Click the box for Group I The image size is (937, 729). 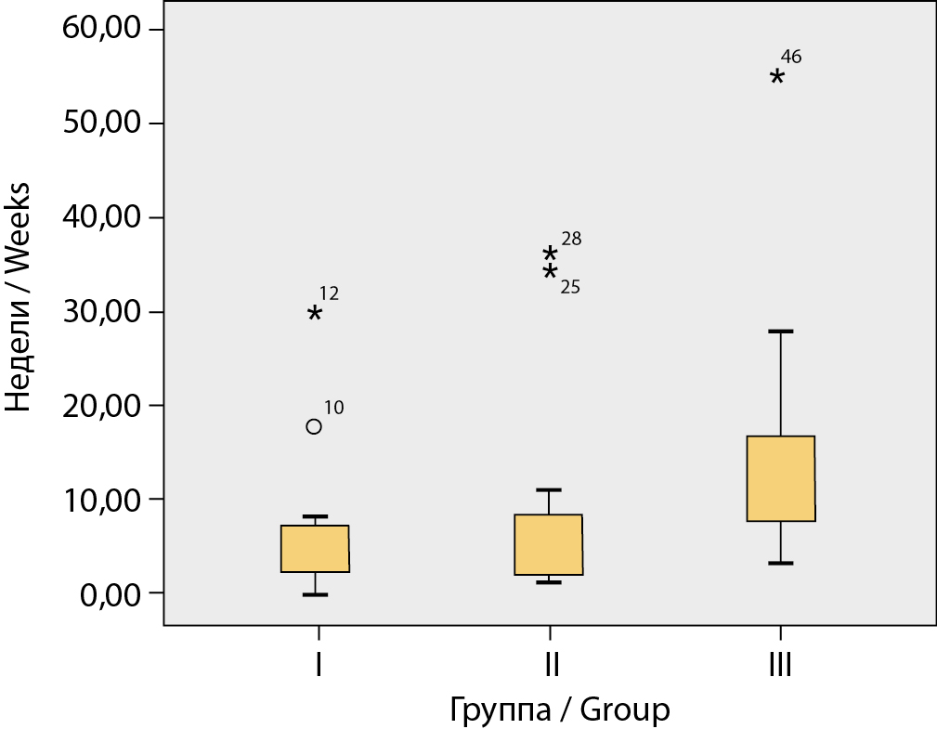315,549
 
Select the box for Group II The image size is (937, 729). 549,545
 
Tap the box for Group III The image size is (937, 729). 781,478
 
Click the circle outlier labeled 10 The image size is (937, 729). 314,426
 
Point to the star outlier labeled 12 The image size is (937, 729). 315,314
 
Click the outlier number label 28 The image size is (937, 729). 571,239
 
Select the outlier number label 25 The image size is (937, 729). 570,287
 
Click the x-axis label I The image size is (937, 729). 319,665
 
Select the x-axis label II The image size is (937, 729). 550,665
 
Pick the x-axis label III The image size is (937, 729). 780,665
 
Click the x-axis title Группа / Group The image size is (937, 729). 559,710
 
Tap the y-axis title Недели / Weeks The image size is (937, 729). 20,297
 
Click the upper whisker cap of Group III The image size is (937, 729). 781,331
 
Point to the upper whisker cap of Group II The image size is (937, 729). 549,489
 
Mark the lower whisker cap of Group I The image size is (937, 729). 315,594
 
